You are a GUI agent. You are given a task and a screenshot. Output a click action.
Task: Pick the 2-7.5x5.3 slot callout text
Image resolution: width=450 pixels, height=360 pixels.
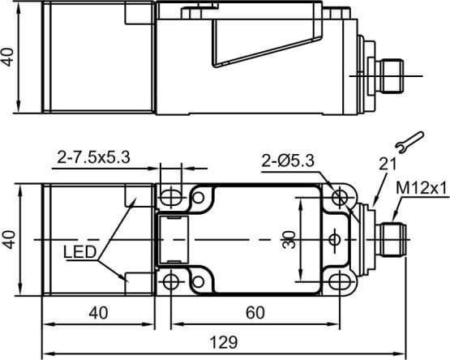93,156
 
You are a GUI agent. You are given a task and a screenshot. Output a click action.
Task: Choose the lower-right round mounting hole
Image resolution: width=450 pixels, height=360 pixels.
338,281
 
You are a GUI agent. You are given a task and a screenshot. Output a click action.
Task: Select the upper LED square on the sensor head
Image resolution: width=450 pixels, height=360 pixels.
134,198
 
